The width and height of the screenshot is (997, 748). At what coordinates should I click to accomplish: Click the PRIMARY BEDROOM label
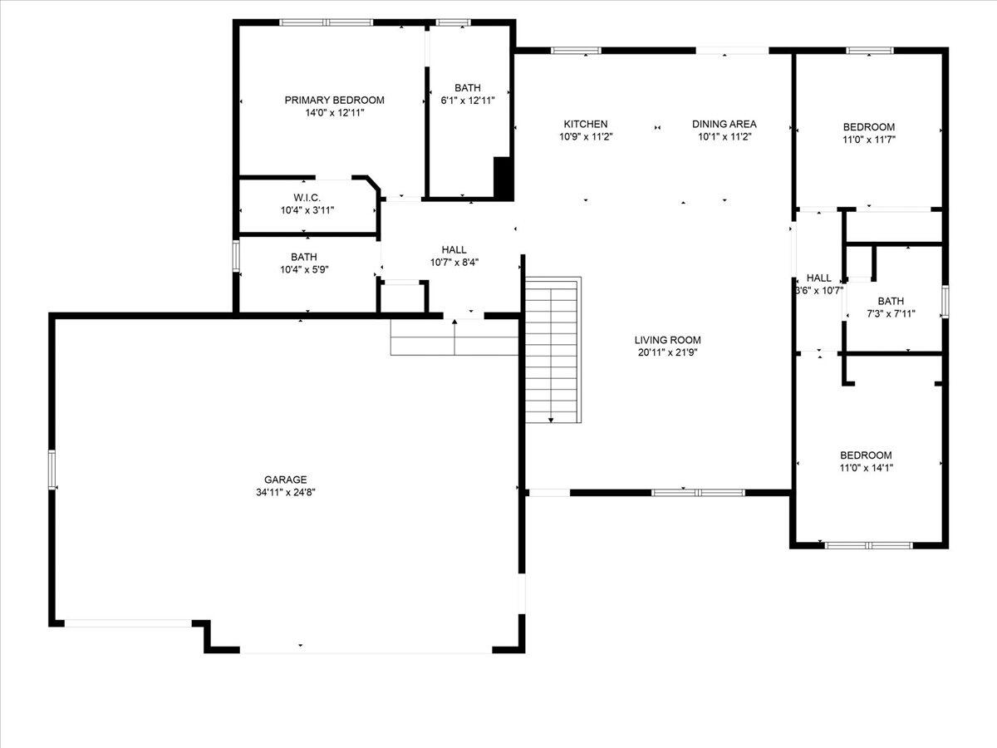click(x=334, y=101)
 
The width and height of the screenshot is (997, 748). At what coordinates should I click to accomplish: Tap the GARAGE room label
click(x=285, y=480)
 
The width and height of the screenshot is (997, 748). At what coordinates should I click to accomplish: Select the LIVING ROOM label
click(x=667, y=340)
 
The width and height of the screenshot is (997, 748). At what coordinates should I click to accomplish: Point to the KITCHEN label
click(x=586, y=124)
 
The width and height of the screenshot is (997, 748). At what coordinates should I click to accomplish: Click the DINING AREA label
click(x=724, y=124)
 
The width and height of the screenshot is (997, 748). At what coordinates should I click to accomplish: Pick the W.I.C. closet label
click(x=307, y=198)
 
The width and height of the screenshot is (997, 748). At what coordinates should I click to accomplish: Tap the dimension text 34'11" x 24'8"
click(x=285, y=492)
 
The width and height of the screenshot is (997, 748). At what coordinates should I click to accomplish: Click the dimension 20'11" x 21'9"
click(x=667, y=352)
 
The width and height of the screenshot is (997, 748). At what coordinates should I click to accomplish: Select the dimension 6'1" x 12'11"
click(x=468, y=101)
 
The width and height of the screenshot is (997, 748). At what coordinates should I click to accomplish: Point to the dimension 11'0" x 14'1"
click(x=867, y=468)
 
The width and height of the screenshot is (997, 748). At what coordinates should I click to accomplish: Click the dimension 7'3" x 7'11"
click(x=891, y=314)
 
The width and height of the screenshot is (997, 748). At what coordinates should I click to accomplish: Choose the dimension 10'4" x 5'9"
click(x=304, y=270)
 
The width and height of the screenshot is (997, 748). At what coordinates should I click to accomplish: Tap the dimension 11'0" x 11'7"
click(x=869, y=140)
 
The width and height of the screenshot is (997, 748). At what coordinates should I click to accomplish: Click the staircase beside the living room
click(x=553, y=350)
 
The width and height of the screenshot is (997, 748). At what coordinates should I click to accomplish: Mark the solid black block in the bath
click(x=503, y=178)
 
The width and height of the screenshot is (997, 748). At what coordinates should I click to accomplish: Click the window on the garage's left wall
click(x=52, y=470)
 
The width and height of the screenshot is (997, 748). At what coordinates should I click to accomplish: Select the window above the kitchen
click(x=576, y=51)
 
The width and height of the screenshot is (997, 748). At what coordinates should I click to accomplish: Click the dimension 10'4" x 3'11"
click(x=307, y=211)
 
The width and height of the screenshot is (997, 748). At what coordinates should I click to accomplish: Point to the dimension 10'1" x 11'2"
click(x=724, y=136)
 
